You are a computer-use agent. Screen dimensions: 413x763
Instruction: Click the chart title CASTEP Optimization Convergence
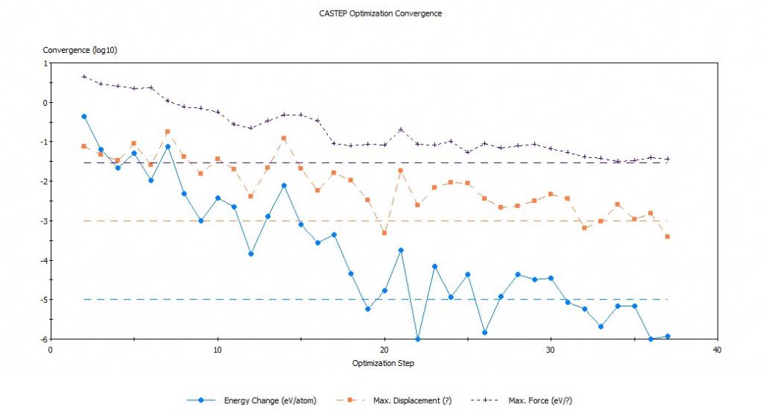tap(381, 13)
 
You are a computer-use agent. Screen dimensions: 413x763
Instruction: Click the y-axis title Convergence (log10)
tap(80, 51)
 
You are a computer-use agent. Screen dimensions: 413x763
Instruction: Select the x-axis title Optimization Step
tap(383, 364)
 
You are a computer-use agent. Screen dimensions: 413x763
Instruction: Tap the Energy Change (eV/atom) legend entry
tap(270, 400)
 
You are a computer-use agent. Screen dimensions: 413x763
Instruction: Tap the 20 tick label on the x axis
tap(384, 349)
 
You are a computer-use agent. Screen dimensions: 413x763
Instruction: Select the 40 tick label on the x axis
tap(717, 349)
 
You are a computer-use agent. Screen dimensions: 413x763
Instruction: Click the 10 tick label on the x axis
tap(217, 349)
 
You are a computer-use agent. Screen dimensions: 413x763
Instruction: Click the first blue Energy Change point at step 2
tap(83, 116)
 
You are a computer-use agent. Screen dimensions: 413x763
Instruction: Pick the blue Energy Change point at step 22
tap(417, 339)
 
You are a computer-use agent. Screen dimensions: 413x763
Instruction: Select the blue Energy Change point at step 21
tap(401, 250)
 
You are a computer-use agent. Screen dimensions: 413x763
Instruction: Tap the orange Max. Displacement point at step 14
tap(284, 138)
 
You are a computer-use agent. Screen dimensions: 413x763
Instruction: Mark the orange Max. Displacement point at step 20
tap(384, 233)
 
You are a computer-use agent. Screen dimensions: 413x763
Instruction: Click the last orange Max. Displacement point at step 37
tap(668, 236)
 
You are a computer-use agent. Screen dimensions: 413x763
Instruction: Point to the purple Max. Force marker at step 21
tap(401, 130)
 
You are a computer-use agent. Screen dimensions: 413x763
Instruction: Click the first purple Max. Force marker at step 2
tap(83, 76)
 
